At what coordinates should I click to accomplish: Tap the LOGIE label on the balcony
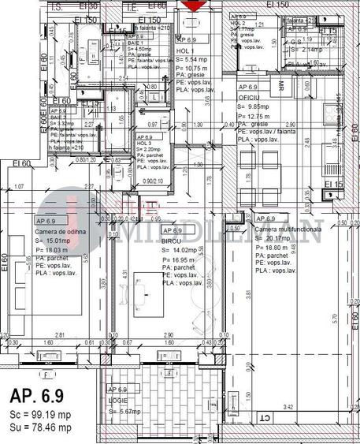click(117, 400)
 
